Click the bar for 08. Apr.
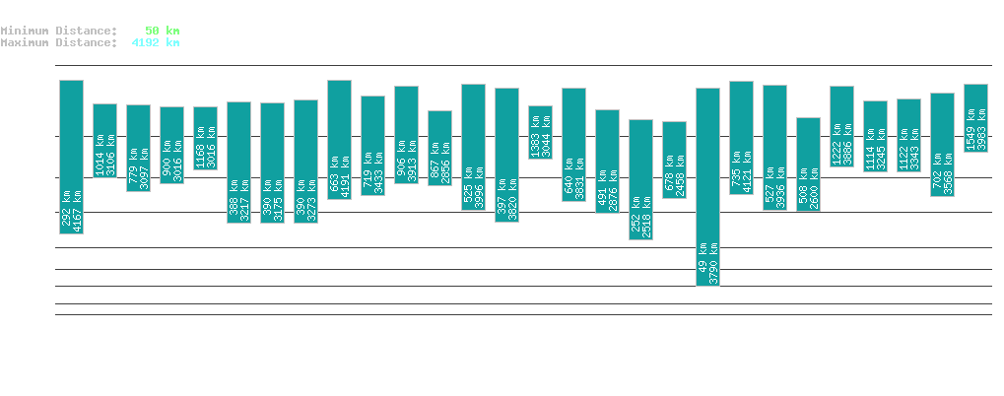707,186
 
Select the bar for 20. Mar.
71,157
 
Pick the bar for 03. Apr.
540,131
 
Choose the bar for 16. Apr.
975,117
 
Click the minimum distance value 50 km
162,31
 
